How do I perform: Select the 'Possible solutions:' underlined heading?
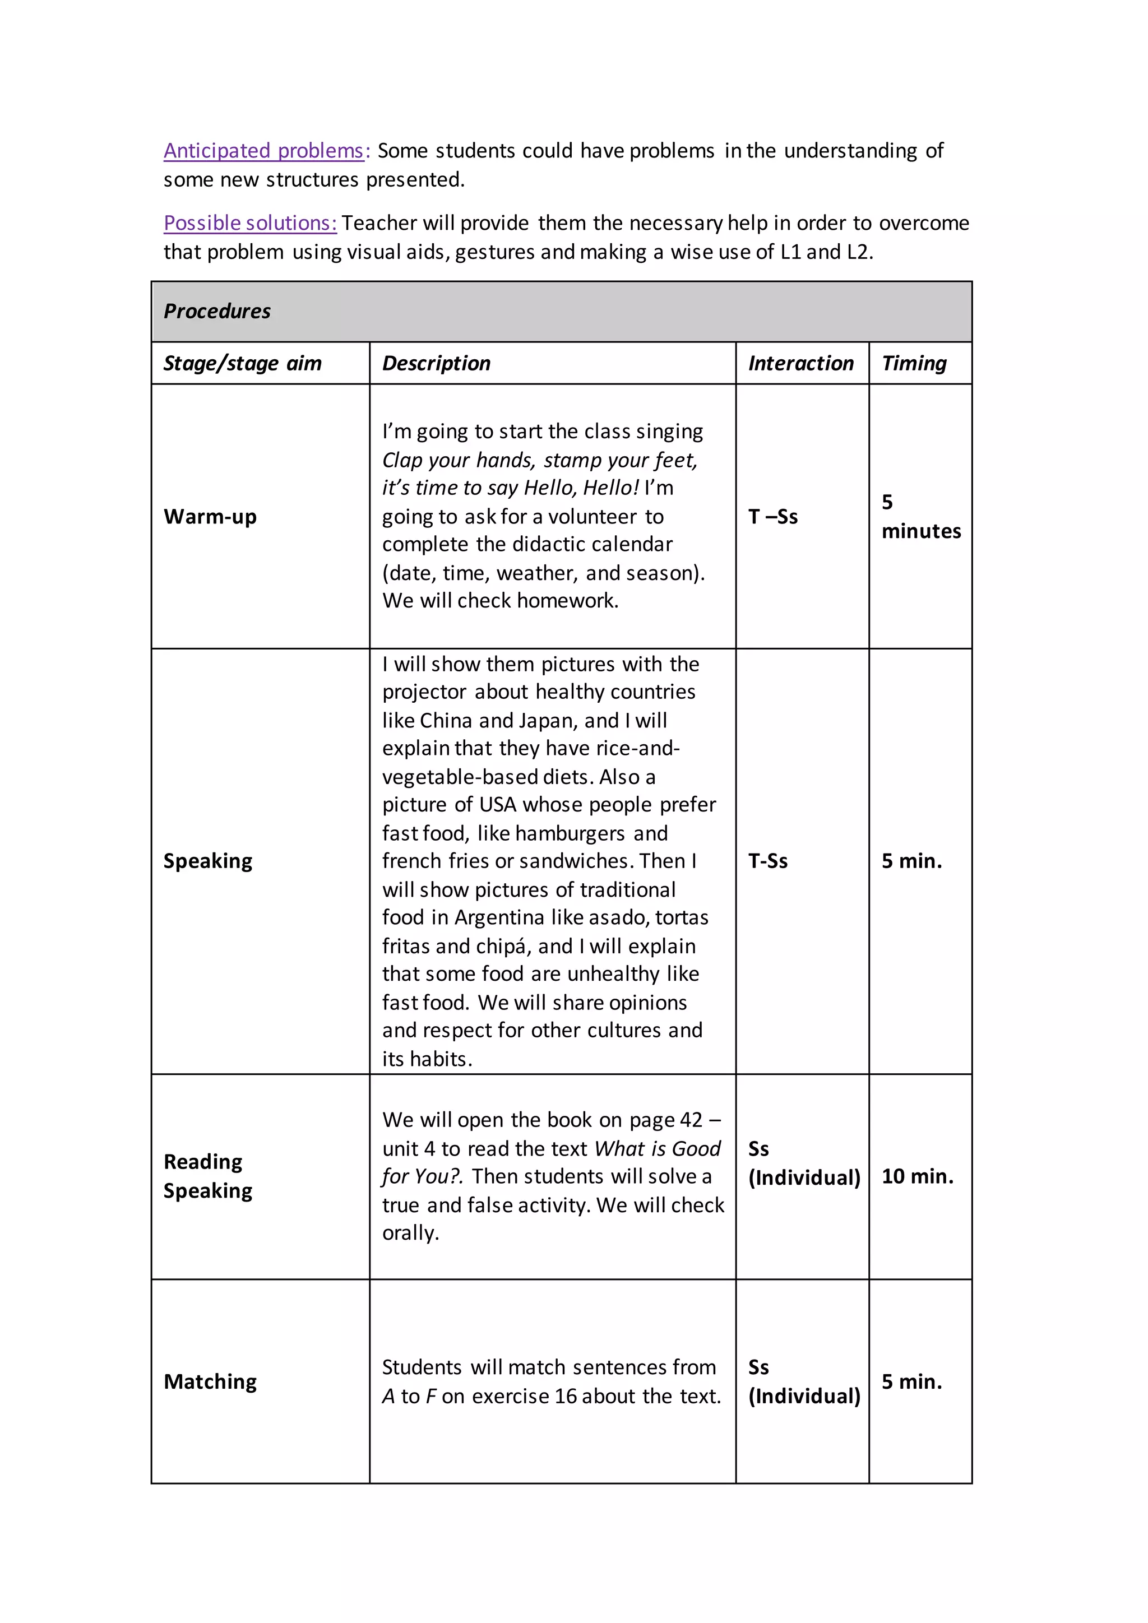point(250,222)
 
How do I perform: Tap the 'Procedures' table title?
point(217,311)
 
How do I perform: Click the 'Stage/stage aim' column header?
point(243,363)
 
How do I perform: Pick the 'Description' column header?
point(436,363)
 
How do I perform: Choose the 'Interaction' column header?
point(801,363)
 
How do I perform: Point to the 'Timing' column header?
point(914,363)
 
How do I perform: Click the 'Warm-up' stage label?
point(210,517)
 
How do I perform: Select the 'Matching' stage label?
point(210,1381)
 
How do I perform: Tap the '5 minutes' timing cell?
point(920,517)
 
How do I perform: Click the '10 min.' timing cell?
point(917,1176)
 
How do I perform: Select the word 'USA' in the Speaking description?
point(498,804)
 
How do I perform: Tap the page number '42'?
point(691,1120)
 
